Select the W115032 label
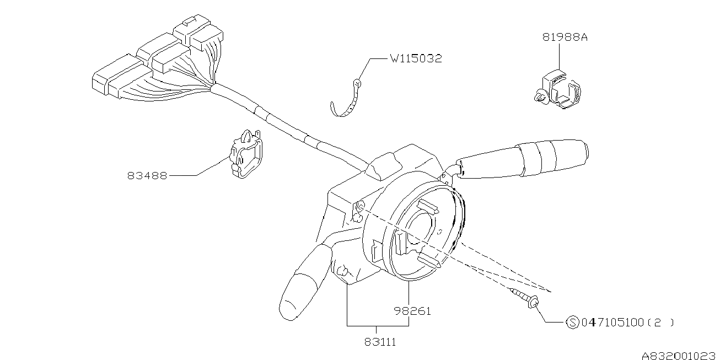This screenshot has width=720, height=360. tap(416, 58)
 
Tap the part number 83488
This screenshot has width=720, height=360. tap(147, 176)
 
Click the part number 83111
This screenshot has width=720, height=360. tap(380, 342)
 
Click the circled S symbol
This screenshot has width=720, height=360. tap(572, 322)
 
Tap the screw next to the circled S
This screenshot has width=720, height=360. tap(525, 298)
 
